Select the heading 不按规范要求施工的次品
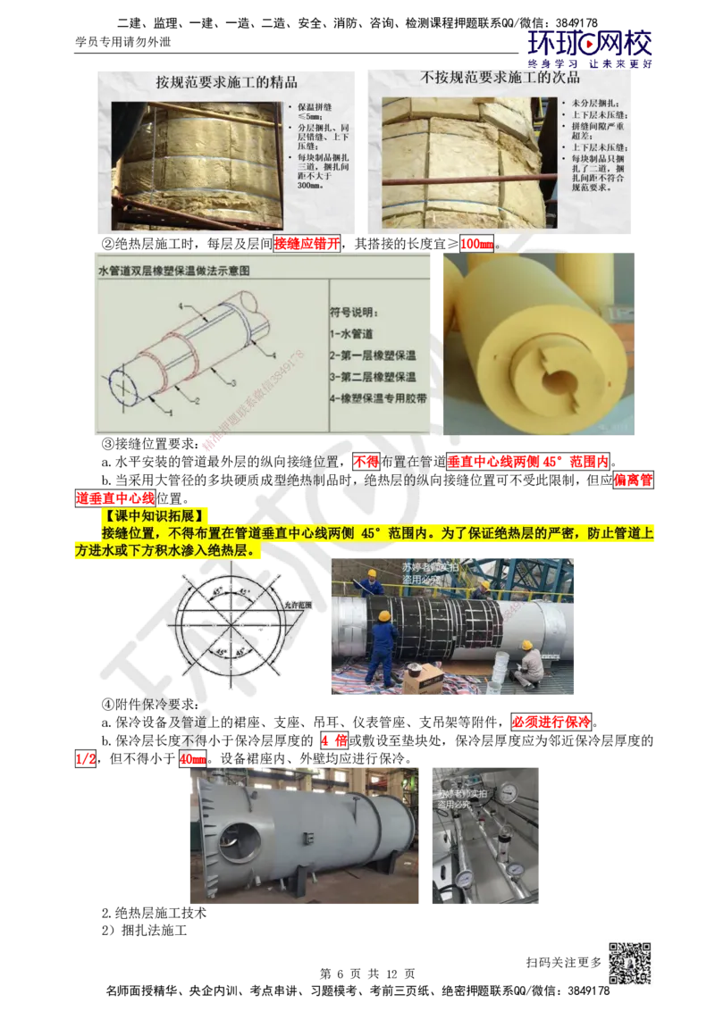point(499,79)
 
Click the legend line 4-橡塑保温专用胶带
point(379,399)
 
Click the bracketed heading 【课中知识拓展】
point(152,516)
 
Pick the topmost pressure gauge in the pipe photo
point(507,791)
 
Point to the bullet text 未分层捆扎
point(591,104)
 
